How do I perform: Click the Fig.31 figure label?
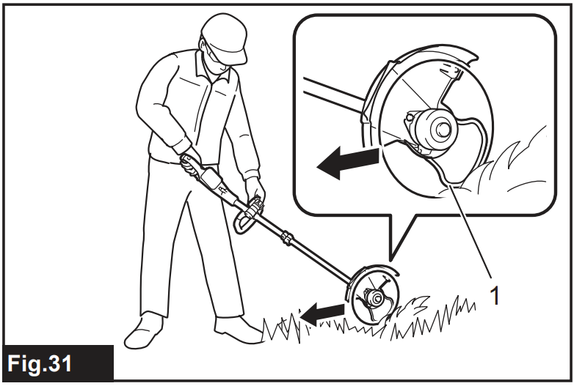coord(40,364)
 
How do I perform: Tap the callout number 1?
coord(494,295)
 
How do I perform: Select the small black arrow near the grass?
coord(322,313)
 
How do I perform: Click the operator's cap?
coord(224,37)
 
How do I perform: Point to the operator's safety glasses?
coord(217,56)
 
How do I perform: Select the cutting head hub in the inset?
coord(435,128)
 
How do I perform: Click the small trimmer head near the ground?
coord(373,295)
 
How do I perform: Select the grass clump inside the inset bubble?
coord(512,164)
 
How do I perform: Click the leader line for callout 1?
coord(471,231)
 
